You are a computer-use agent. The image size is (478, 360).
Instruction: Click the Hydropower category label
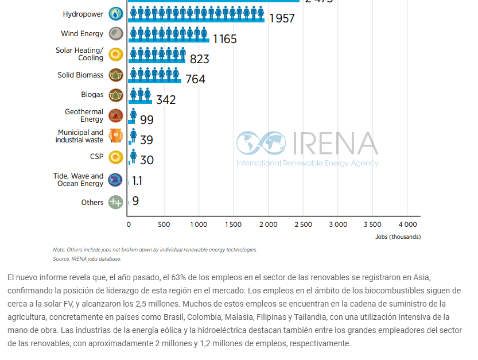[x=83, y=14]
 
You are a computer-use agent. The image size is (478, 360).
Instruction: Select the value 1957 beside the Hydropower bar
[x=281, y=18]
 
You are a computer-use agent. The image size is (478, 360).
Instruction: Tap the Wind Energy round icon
[x=116, y=33]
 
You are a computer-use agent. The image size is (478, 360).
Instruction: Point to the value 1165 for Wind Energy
[x=225, y=39]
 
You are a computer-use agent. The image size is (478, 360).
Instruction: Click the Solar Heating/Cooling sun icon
[x=116, y=55]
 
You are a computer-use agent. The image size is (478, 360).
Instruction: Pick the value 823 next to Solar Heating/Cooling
[x=199, y=59]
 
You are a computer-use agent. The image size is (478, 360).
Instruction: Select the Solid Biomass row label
[x=80, y=75]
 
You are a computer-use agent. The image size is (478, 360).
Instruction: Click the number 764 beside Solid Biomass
[x=195, y=79]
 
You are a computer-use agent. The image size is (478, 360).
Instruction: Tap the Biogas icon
[x=116, y=95]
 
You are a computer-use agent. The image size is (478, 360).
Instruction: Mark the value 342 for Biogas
[x=166, y=100]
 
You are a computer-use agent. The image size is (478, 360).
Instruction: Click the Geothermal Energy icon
[x=116, y=115]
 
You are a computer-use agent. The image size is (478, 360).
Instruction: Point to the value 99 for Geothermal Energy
[x=147, y=120]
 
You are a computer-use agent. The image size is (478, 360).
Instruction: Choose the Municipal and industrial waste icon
[x=116, y=136]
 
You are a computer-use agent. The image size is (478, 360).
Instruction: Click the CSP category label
[x=97, y=156]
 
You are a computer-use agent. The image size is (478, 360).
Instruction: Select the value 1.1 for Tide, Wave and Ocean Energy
[x=137, y=181]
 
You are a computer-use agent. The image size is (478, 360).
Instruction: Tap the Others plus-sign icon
[x=116, y=202]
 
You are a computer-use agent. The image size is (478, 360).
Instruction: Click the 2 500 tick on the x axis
[x=303, y=224]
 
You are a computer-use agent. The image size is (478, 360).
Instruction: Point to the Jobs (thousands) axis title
[x=398, y=237]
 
